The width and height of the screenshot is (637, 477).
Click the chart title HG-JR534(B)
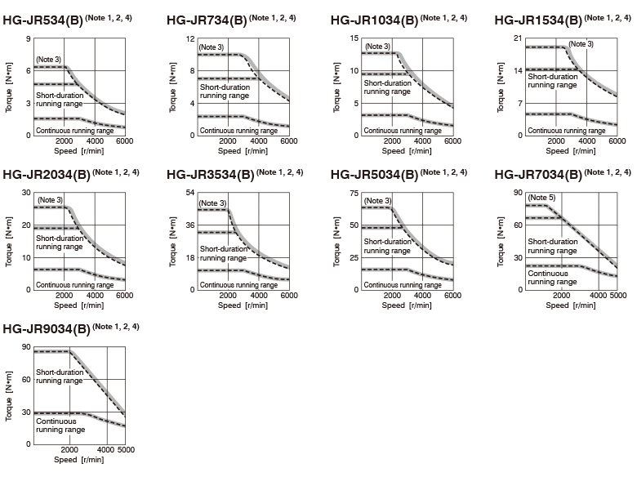42,20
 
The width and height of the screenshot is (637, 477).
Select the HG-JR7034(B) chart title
538,175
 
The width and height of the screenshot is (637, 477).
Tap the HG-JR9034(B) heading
47,329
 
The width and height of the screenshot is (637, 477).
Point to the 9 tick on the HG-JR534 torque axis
28,39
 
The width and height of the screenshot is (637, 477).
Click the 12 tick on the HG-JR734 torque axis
190,39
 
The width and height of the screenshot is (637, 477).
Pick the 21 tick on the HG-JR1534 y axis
517,38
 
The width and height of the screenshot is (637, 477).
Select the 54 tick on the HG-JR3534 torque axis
190,193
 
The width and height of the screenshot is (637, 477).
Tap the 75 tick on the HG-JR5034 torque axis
354,194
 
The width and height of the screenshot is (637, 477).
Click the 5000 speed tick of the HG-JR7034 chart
618,296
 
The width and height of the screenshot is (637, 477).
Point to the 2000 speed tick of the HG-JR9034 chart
69,450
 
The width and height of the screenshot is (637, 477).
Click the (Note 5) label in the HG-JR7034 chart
541,198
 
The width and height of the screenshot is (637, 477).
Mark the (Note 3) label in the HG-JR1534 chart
581,44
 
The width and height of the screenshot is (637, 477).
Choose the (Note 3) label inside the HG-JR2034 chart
51,200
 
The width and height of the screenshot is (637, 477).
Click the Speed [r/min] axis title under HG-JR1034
407,151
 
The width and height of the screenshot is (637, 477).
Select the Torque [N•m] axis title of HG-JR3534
172,242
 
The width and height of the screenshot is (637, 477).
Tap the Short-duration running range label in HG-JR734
225,91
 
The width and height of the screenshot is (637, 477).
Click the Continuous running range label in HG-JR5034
403,285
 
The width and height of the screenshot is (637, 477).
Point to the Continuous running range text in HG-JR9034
60,426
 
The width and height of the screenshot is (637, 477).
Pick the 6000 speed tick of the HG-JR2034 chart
125,296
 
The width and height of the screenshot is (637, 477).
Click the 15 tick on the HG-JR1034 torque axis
354,38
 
